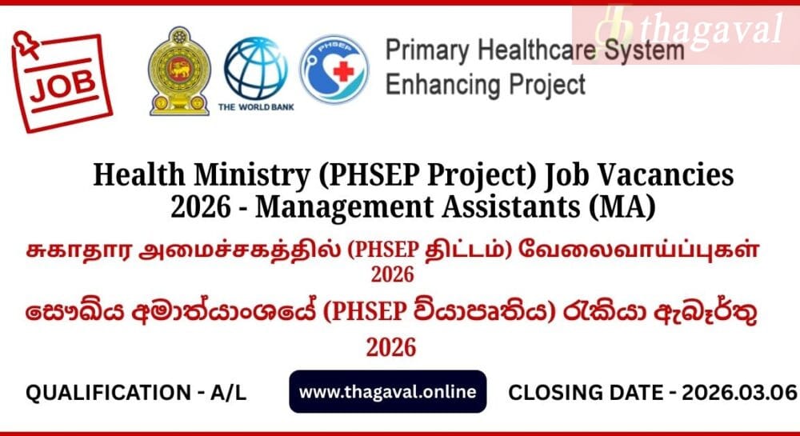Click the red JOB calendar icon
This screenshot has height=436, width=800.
tap(62, 82)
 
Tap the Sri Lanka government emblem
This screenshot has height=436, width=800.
tap(179, 71)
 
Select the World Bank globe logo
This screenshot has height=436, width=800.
tap(256, 68)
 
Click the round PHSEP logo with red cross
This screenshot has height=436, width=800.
tap(334, 70)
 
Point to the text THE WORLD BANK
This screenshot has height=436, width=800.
tap(256, 107)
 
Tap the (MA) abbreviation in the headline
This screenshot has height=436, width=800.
tap(622, 208)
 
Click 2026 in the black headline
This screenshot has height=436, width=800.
tap(201, 208)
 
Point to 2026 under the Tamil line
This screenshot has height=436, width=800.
tap(392, 275)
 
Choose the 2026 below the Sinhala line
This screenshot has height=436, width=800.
tap(391, 348)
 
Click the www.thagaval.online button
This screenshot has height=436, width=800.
tap(388, 392)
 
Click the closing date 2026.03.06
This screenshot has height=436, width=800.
tap(739, 393)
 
